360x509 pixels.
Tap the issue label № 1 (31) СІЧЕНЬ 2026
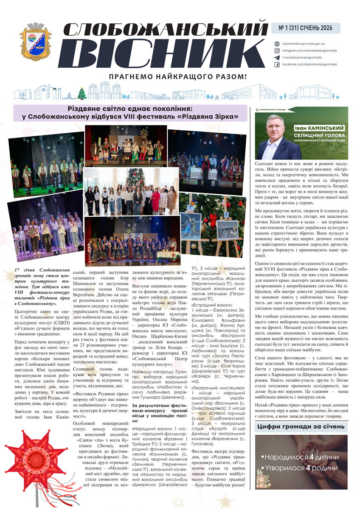[306, 28]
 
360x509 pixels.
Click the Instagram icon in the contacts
[277, 50]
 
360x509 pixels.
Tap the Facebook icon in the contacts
[277, 64]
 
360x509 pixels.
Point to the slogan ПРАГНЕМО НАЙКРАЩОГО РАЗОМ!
[177, 77]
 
